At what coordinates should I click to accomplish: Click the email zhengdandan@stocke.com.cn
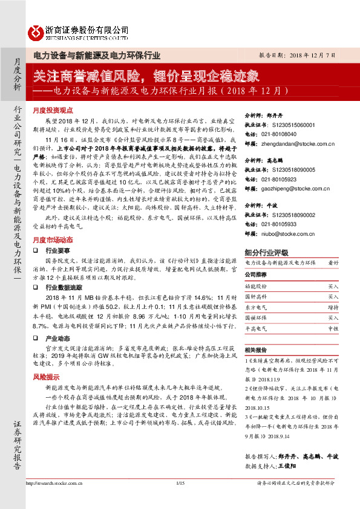click(x=298, y=144)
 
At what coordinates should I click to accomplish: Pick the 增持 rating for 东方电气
click(x=333, y=307)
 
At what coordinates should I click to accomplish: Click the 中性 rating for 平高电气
click(x=333, y=329)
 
